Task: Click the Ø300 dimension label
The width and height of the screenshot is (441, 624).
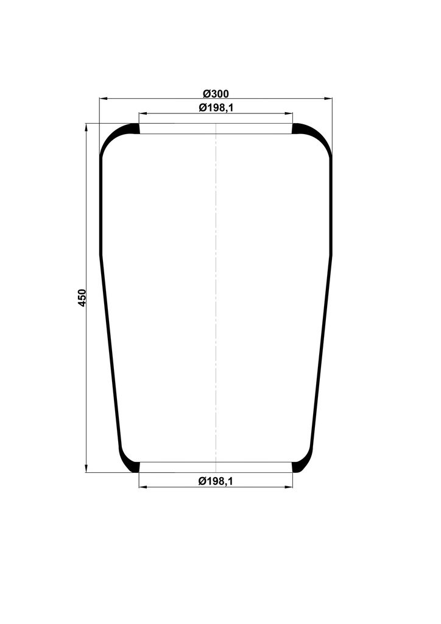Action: tap(216, 93)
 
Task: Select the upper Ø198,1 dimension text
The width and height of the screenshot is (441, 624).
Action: tap(216, 108)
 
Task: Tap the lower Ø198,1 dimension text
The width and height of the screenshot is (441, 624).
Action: tap(216, 481)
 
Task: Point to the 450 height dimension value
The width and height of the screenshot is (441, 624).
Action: tap(83, 297)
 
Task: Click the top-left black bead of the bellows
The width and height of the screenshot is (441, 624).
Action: tap(132, 129)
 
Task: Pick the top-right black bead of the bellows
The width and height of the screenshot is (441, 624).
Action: tap(300, 129)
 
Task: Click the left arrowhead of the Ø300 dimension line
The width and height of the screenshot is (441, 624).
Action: tap(103, 98)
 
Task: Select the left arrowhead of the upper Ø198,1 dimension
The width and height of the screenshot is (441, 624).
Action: tap(143, 113)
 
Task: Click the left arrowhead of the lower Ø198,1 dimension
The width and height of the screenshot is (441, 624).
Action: tap(143, 487)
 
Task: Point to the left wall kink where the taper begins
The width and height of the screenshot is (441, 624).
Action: tap(101, 255)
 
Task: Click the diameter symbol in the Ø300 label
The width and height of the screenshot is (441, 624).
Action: tap(206, 93)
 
